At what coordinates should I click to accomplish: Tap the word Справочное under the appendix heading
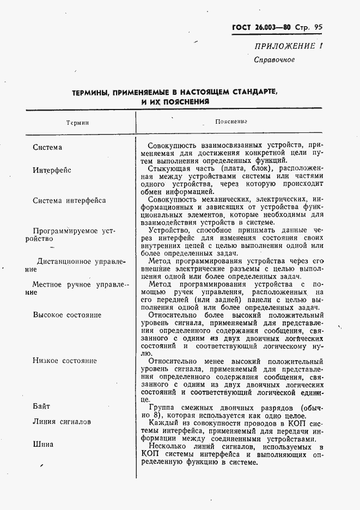pyautogui.click(x=274, y=59)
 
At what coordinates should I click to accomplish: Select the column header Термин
pyautogui.click(x=77, y=123)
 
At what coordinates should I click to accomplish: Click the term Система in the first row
pyautogui.click(x=47, y=147)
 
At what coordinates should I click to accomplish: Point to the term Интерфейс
pyautogui.click(x=52, y=170)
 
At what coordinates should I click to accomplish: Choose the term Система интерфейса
pyautogui.click(x=69, y=200)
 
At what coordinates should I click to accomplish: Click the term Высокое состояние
pyautogui.click(x=67, y=315)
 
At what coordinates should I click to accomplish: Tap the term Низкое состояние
pyautogui.click(x=64, y=361)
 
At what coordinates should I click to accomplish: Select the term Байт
pyautogui.click(x=41, y=406)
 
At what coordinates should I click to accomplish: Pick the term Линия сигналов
pyautogui.click(x=62, y=422)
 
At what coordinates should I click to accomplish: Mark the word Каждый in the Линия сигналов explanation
pyautogui.click(x=163, y=422)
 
